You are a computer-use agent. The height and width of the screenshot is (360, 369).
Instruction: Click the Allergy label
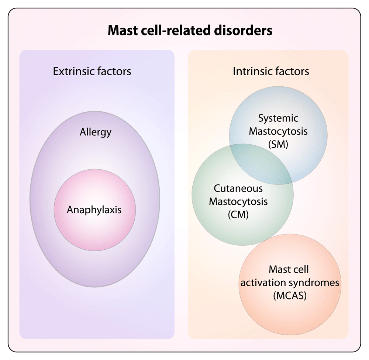95,132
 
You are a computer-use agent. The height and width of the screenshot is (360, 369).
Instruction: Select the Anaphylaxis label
94,210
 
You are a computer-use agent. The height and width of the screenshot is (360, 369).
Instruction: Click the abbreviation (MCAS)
289,295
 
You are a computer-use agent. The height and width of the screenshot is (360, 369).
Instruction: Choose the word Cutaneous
238,188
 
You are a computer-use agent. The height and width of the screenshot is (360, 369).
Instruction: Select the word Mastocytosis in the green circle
238,201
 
